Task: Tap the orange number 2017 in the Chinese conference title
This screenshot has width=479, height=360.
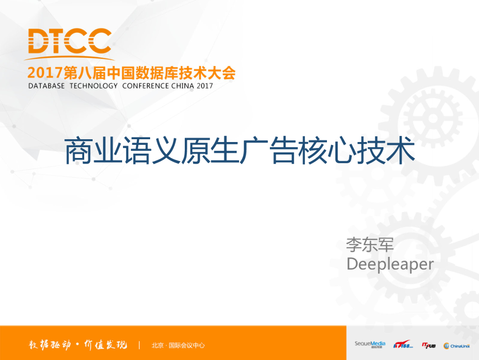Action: click(x=45, y=73)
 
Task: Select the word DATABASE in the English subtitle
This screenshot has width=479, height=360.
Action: click(x=46, y=86)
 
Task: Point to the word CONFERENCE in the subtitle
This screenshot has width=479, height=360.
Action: click(x=145, y=86)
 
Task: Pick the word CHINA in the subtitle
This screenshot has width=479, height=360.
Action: click(x=183, y=86)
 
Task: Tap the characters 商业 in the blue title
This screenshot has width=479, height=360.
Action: click(x=93, y=151)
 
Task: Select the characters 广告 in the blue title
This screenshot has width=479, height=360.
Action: click(x=269, y=151)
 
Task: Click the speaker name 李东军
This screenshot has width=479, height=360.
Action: click(x=370, y=244)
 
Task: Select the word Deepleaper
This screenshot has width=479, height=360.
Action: click(x=390, y=264)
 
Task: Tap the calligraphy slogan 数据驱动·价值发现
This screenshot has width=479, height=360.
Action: click(x=75, y=345)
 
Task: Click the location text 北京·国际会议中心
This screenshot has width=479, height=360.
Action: click(x=178, y=345)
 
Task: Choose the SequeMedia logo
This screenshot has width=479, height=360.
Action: click(x=370, y=345)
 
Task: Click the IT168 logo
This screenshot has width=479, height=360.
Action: click(x=402, y=345)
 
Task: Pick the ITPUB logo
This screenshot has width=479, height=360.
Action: click(x=428, y=345)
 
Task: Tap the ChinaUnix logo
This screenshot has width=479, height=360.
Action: click(x=457, y=345)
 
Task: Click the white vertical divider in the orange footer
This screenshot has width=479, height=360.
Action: click(x=139, y=345)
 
